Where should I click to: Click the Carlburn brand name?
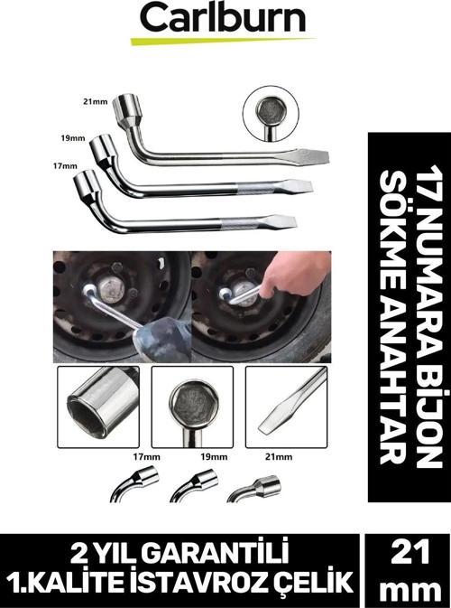pos(224,17)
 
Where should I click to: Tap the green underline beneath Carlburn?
pos(223,41)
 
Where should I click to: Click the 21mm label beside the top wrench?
pos(96,102)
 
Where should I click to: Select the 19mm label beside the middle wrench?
pos(73,137)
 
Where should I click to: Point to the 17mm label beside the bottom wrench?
pos(65,166)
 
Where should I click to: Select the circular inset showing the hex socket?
pos(271,114)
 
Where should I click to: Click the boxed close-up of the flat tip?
pos(287,407)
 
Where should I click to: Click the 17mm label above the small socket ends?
pos(146,457)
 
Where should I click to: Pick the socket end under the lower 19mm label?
pos(195,485)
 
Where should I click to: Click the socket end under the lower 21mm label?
pos(253,489)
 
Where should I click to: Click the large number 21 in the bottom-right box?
pos(410,552)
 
